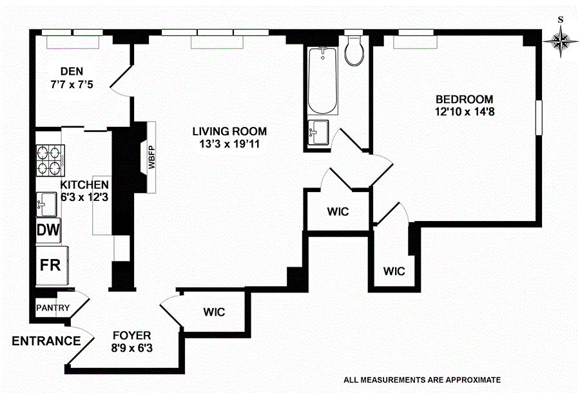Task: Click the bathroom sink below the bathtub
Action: [318, 133]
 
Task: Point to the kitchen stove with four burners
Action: [51, 161]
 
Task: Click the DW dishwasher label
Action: [48, 230]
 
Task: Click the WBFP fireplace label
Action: [153, 157]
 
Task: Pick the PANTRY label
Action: [53, 308]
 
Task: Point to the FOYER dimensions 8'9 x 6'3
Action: [131, 349]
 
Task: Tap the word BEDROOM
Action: [464, 99]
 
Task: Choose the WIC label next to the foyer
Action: [214, 312]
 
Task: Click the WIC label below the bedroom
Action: [394, 271]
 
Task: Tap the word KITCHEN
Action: [84, 185]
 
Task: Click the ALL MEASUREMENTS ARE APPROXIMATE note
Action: [422, 379]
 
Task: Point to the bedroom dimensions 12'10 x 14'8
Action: [464, 111]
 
